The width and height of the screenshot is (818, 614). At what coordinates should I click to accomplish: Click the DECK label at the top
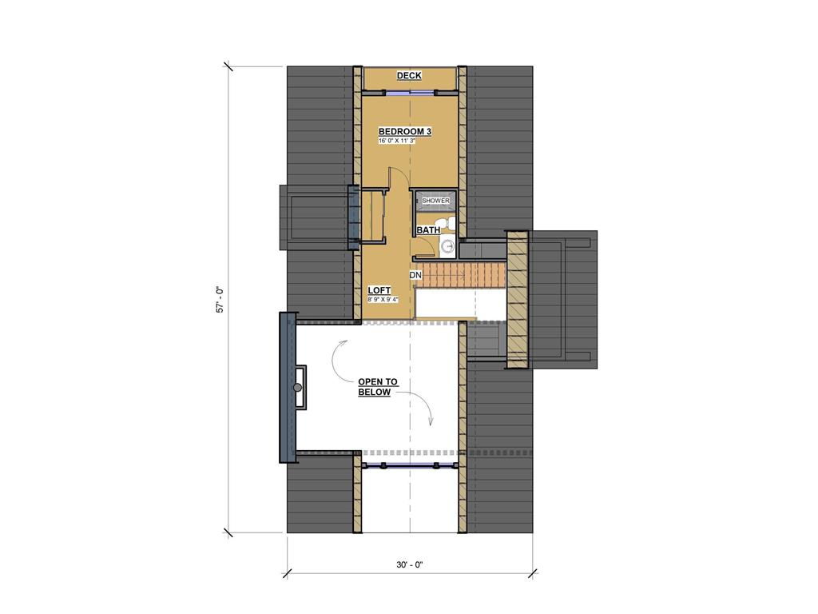click(x=409, y=76)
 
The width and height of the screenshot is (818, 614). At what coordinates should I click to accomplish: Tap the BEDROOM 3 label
click(x=405, y=131)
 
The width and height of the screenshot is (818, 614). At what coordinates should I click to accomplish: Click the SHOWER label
click(x=435, y=201)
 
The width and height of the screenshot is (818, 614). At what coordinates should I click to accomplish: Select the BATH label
click(x=428, y=230)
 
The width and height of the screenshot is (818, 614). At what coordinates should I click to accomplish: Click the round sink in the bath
click(x=447, y=246)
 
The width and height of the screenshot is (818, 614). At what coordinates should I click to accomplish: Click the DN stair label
click(x=415, y=276)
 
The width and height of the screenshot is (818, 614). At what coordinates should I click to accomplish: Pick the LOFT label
click(x=379, y=290)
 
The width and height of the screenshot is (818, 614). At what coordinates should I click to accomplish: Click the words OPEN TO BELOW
click(x=374, y=387)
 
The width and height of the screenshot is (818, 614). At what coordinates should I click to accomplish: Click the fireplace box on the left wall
click(x=300, y=388)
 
